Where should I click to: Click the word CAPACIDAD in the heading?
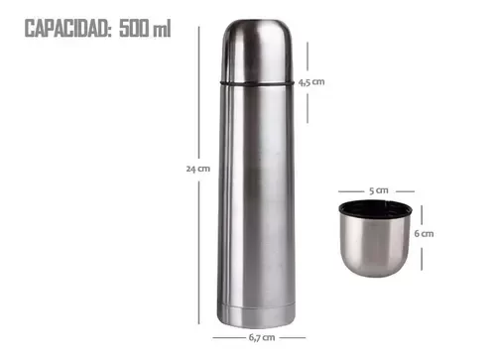click(x=66, y=29)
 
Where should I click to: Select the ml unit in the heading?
click(x=162, y=29)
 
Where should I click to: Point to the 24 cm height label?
click(x=198, y=169)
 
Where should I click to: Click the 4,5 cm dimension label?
click(x=311, y=82)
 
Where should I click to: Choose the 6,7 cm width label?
click(x=262, y=337)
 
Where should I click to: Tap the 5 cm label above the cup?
click(x=379, y=190)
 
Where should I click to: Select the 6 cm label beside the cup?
click(x=424, y=234)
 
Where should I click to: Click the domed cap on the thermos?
click(x=257, y=51)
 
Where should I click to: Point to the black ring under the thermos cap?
click(x=257, y=84)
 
